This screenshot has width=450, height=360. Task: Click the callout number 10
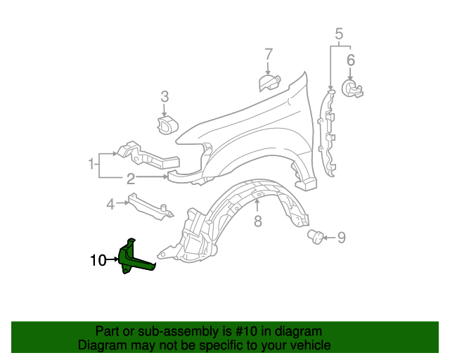(98, 261)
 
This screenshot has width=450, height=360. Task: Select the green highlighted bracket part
(134, 257)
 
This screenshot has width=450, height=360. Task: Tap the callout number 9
(342, 238)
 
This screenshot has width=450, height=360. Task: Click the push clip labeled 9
(316, 237)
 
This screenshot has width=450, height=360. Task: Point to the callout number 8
(257, 222)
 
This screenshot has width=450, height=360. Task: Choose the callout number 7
(268, 54)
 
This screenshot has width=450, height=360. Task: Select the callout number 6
(350, 60)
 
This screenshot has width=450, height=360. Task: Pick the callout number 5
(339, 33)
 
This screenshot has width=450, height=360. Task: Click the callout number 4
(110, 205)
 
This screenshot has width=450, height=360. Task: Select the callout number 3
(165, 96)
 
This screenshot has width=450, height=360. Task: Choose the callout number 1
(91, 165)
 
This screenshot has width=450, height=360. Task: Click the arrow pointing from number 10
(112, 260)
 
